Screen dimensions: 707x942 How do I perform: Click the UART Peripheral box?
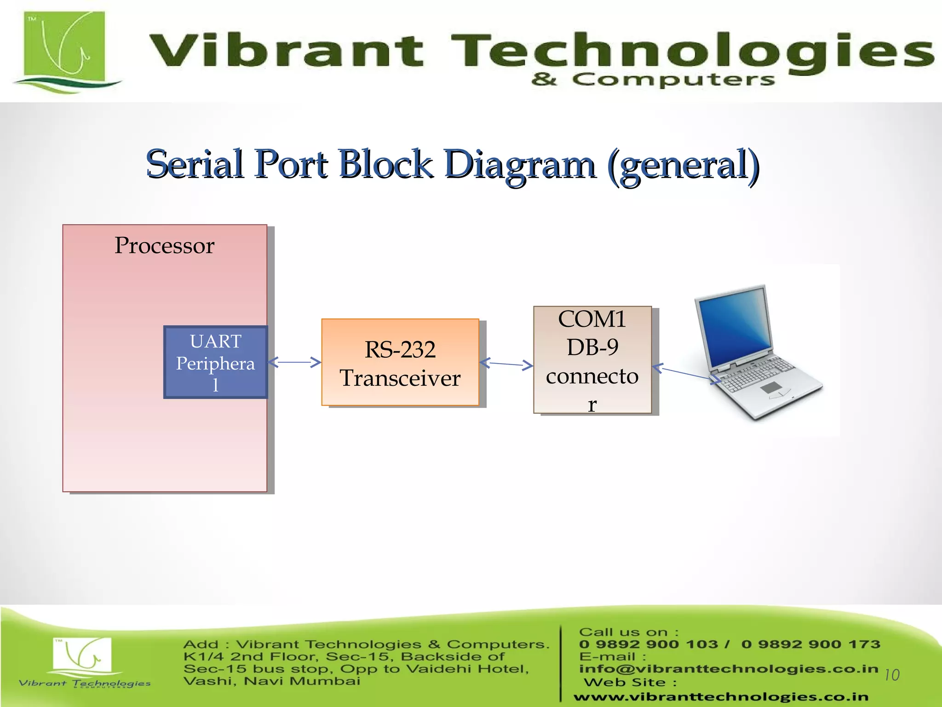(x=215, y=362)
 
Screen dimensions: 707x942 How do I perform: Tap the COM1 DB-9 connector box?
(x=592, y=360)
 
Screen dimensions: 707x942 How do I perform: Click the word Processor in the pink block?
(x=164, y=245)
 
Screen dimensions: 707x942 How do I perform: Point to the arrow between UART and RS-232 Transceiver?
(x=294, y=362)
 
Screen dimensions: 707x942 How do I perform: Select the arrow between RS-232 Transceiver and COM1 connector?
(x=506, y=364)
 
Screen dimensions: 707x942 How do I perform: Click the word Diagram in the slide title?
(x=520, y=165)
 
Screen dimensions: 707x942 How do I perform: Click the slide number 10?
(x=891, y=675)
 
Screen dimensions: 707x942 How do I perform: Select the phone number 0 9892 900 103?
(x=649, y=644)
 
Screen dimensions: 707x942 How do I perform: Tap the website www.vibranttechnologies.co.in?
(x=721, y=697)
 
